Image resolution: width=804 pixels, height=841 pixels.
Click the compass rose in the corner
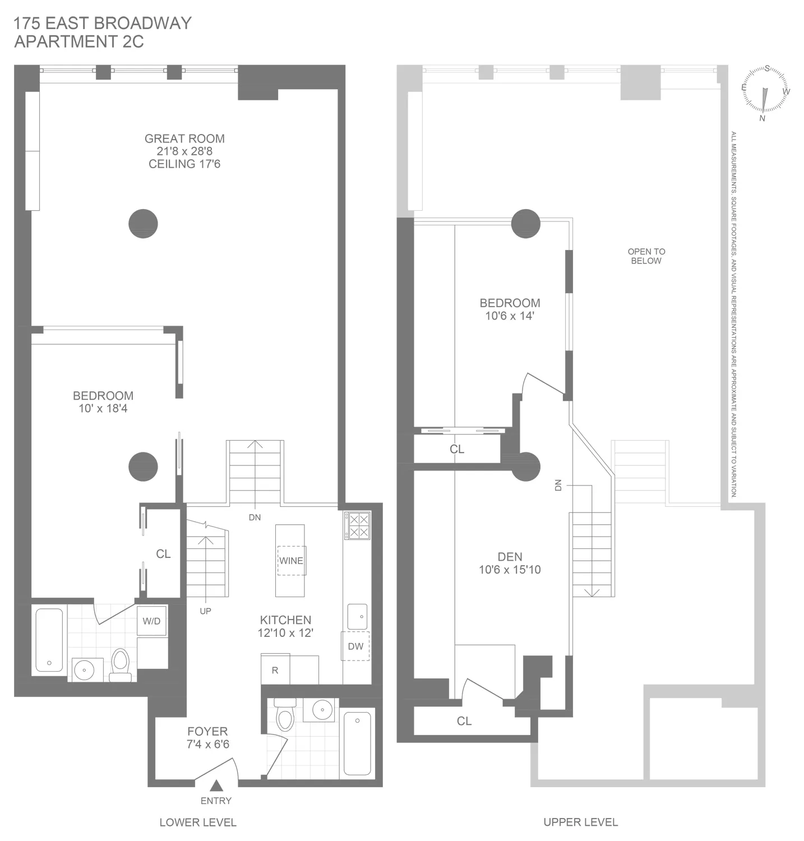point(765,92)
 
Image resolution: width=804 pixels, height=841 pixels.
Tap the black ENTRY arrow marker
point(216,786)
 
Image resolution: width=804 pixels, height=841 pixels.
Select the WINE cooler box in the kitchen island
point(291,561)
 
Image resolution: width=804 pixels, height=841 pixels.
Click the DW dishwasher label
point(355,646)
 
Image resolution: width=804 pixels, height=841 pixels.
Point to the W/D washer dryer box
point(151,621)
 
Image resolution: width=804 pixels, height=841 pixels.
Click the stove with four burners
point(357,525)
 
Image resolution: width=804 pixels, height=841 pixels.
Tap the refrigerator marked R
point(275,669)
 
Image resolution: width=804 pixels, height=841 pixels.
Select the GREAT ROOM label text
point(184,138)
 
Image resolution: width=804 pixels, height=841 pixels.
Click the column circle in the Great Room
point(143,224)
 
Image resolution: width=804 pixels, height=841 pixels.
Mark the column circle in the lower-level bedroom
point(143,466)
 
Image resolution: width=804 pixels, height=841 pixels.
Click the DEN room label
point(510,557)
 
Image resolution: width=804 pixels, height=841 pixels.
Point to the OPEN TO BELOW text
point(646,256)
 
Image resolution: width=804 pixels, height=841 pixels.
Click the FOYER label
point(207,731)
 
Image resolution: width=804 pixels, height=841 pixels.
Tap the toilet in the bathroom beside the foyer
point(285,715)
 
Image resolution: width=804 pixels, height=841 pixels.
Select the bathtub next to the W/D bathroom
point(49,640)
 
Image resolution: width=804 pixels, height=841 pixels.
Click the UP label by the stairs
point(205,611)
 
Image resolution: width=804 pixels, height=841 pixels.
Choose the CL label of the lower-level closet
point(163,554)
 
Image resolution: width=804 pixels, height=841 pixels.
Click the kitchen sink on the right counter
point(357,616)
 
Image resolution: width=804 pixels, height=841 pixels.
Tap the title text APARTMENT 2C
point(79,41)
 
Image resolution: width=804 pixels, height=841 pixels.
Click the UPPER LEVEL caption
point(580,822)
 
